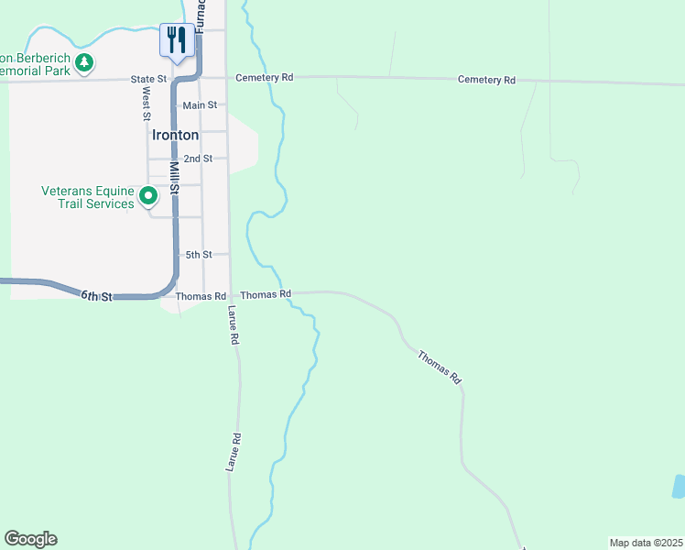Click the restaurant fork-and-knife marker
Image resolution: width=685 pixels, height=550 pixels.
(x=175, y=39)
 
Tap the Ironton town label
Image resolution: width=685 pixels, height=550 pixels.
(x=174, y=134)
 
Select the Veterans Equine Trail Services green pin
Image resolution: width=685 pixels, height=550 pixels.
(x=147, y=196)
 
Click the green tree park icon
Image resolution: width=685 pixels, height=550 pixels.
(x=84, y=62)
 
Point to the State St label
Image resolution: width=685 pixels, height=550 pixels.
(x=148, y=79)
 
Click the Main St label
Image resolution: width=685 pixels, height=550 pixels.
(x=199, y=105)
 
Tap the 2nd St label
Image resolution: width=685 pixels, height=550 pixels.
(x=198, y=159)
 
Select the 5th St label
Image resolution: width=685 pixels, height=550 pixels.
(x=199, y=254)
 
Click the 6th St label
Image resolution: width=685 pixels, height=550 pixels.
(x=96, y=296)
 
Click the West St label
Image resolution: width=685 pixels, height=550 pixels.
(x=146, y=104)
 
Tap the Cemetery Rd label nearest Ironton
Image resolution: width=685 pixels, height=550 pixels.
(x=264, y=78)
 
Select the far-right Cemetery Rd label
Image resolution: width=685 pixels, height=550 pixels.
(x=486, y=80)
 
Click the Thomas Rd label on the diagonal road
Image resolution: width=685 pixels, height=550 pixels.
(x=440, y=366)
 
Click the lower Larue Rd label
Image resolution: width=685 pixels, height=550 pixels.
(x=233, y=452)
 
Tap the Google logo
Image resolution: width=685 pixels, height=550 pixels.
(x=30, y=539)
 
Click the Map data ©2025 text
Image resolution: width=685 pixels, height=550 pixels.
(x=647, y=543)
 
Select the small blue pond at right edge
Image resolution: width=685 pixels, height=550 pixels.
(x=679, y=486)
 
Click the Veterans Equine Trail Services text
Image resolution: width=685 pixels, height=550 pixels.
(x=88, y=197)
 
